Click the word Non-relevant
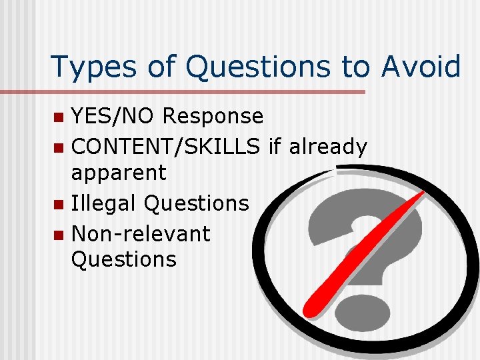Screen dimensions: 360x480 140,233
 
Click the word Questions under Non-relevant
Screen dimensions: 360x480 123,259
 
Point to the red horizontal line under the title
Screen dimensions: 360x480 207,92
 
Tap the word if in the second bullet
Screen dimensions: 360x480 274,147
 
